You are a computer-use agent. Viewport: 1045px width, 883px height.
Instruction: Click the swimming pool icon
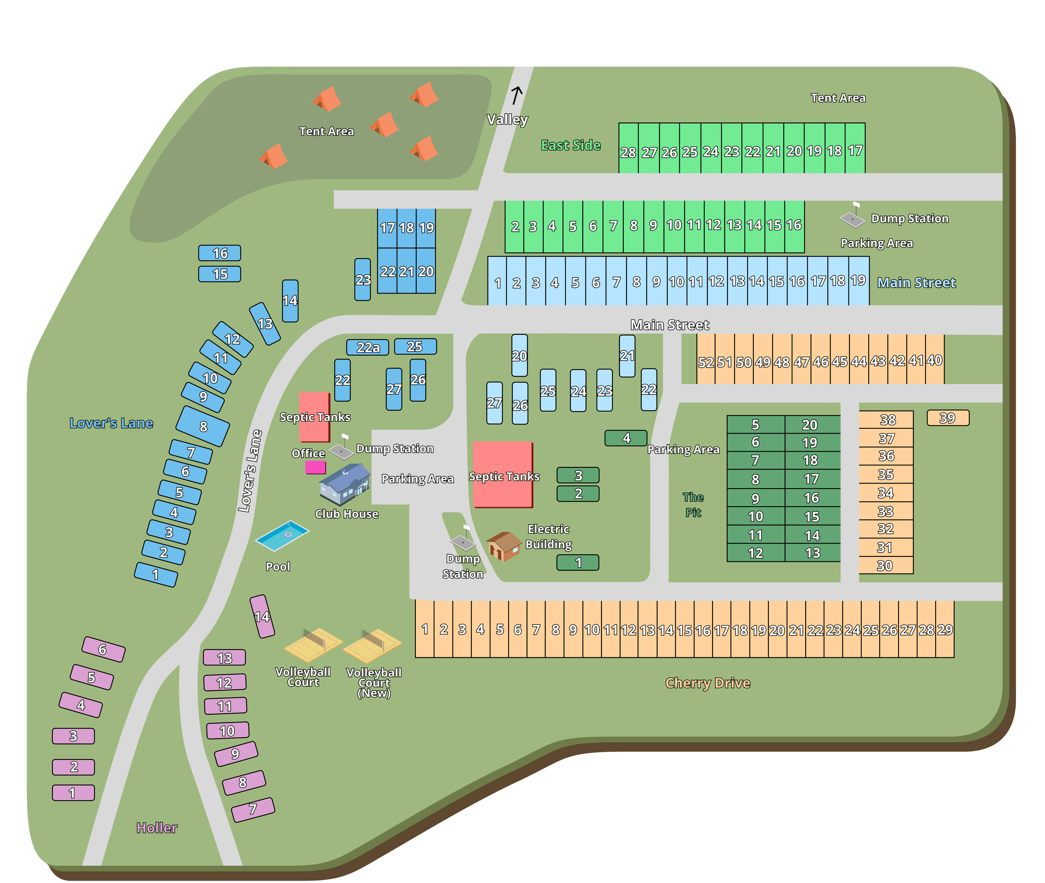282,536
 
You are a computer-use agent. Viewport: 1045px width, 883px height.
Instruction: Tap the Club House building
345,484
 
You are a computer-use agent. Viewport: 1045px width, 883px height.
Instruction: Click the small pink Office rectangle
316,468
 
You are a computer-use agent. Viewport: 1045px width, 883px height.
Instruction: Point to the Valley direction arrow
517,95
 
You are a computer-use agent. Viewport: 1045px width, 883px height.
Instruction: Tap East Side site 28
628,150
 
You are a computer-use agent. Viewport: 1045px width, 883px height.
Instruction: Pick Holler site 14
262,616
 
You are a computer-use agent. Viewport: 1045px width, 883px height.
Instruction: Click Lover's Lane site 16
219,253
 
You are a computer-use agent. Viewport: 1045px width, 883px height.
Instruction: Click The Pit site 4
626,438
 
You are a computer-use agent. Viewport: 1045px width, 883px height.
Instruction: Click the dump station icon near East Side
852,218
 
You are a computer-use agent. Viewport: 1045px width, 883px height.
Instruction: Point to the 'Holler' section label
157,828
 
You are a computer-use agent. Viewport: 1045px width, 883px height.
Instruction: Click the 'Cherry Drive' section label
707,683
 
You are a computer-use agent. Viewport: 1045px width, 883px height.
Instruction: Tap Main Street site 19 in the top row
858,281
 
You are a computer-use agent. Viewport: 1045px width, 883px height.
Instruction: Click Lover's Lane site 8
203,427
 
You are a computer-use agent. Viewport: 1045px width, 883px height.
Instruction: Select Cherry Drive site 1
425,629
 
